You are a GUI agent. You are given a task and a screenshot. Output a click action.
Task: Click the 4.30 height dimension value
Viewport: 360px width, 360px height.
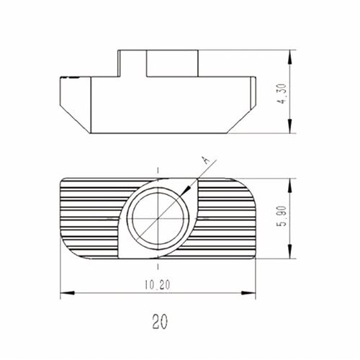coord(282,94)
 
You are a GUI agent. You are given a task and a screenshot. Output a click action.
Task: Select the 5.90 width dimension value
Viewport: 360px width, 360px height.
coord(282,216)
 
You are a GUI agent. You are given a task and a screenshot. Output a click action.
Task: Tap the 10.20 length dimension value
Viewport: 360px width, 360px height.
coord(157,285)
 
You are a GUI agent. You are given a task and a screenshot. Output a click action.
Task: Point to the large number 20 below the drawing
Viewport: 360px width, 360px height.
coord(160,322)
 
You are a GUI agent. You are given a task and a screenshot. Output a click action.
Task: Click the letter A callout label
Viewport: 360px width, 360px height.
coord(205,160)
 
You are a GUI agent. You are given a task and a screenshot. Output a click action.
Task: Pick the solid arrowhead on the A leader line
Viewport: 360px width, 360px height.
coord(186,190)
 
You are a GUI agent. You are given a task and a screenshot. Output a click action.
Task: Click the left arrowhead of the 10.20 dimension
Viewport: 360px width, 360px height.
coord(67,293)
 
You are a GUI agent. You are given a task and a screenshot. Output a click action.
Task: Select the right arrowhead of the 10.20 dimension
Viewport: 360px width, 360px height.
coord(248,293)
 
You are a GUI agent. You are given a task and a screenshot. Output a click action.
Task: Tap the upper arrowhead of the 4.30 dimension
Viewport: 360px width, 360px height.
coord(290,57)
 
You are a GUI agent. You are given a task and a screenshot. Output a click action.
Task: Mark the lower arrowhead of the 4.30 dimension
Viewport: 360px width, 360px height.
coord(290,126)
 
